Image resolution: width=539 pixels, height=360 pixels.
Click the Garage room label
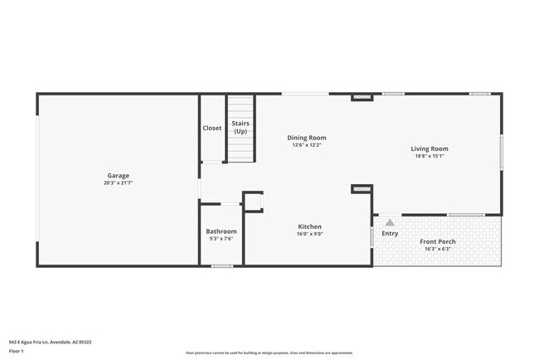click(118, 175)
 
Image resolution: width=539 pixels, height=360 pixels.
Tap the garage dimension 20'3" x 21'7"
click(118, 182)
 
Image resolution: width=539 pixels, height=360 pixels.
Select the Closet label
click(212, 129)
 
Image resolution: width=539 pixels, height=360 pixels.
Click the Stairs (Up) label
click(240, 128)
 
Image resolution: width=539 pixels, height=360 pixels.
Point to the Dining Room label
click(306, 138)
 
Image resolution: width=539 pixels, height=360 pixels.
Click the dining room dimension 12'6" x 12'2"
click(306, 145)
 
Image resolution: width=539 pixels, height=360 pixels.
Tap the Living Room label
click(430, 148)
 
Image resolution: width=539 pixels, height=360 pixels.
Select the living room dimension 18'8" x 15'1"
click(430, 156)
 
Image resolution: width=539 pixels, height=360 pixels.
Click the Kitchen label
click(310, 226)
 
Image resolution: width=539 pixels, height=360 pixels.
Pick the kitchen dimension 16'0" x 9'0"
click(310, 234)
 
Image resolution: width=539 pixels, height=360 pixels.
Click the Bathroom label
click(221, 231)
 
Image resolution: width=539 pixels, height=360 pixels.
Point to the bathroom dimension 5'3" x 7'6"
click(221, 239)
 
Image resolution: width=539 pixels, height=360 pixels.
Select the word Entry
click(390, 233)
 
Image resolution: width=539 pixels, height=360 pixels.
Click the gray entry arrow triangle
click(390, 222)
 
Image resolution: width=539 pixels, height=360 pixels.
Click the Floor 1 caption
click(17, 352)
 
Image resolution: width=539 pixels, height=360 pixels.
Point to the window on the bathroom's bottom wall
click(221, 266)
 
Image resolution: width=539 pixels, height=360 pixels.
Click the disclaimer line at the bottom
click(269, 353)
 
